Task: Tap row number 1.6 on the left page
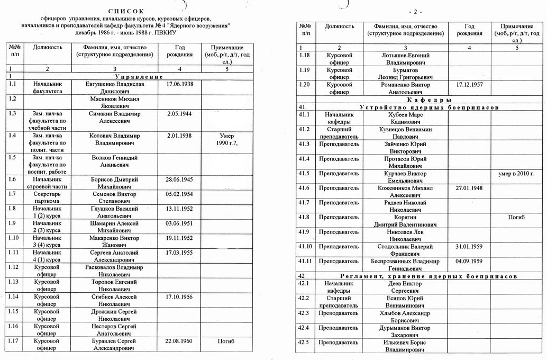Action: click(x=13, y=179)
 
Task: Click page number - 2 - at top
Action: click(x=415, y=12)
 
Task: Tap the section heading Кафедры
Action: click(x=429, y=100)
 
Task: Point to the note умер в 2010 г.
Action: click(x=516, y=174)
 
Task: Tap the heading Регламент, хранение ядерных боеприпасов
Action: click(x=429, y=276)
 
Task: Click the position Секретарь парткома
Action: click(x=47, y=197)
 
